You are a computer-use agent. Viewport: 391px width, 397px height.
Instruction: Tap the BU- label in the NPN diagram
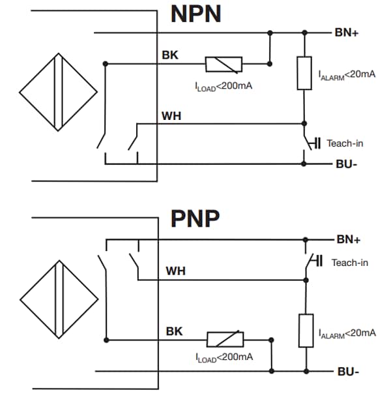[x=345, y=164]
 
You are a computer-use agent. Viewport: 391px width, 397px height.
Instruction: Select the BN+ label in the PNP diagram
[x=348, y=239]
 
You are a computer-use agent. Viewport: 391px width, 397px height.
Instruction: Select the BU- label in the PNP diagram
[x=347, y=372]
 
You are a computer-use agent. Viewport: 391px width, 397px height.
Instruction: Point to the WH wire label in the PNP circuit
[x=175, y=270]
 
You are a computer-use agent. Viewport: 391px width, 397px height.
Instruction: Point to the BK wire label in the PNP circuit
[x=174, y=331]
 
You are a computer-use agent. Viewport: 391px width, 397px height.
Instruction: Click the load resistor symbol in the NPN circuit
[x=224, y=64]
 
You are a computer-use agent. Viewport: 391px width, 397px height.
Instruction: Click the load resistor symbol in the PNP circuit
[x=225, y=339]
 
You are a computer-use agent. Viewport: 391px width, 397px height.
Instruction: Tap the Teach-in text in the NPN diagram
[x=345, y=143]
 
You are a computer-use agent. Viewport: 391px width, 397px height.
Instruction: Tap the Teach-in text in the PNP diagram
[x=350, y=263]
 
